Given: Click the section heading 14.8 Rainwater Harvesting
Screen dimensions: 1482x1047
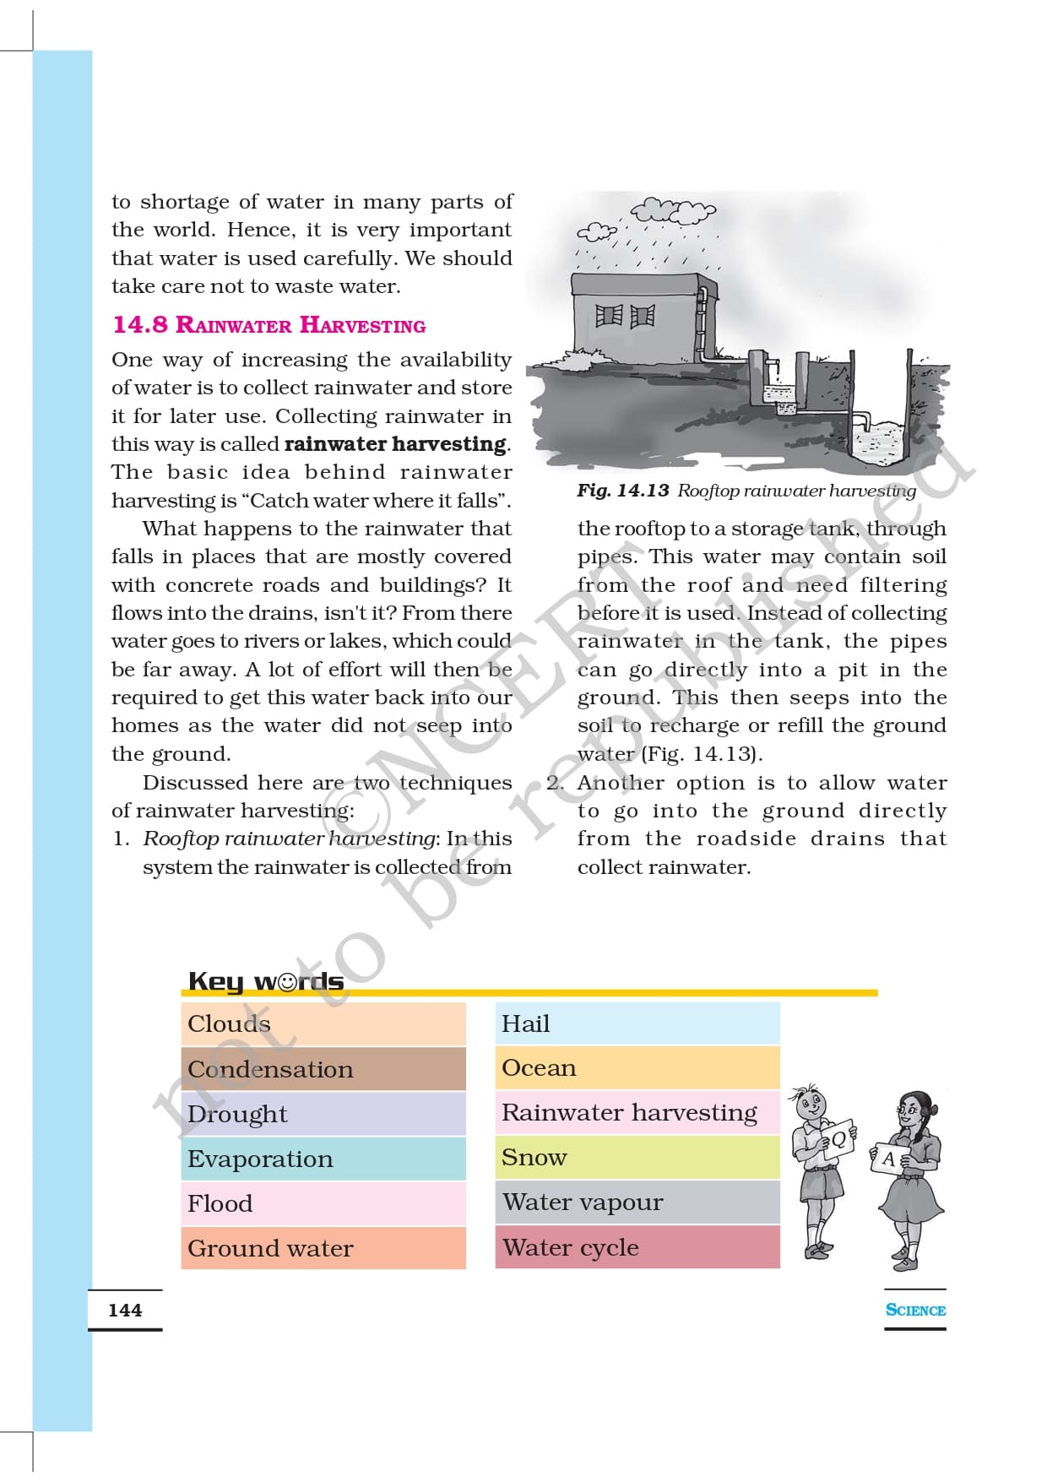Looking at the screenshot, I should [x=269, y=325].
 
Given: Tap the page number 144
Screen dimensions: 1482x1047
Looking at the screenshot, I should [x=125, y=1310].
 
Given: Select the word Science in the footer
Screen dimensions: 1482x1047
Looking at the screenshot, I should [x=915, y=1310].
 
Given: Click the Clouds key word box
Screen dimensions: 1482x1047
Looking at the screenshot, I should [x=323, y=1023].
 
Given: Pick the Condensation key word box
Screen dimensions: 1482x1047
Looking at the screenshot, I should [x=323, y=1069].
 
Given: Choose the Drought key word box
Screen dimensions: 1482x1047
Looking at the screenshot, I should [x=323, y=1114].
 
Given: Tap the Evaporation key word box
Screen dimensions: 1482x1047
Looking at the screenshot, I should [x=323, y=1159].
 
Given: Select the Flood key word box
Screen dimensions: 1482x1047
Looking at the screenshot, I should [x=323, y=1203].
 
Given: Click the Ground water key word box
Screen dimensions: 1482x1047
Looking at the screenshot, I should [x=323, y=1248].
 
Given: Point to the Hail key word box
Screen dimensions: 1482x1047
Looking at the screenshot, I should [x=637, y=1023].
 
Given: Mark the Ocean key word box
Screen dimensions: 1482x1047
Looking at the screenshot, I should [x=637, y=1068].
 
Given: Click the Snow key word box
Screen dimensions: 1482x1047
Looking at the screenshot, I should [x=637, y=1157].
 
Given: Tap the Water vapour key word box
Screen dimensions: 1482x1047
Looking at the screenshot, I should [x=637, y=1202].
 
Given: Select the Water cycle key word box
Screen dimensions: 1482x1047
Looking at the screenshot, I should [x=637, y=1247].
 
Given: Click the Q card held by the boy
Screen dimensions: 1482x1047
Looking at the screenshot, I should [x=838, y=1139].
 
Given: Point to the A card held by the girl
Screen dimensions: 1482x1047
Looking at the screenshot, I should [x=888, y=1159].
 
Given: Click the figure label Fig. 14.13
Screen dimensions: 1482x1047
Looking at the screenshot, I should [x=623, y=491].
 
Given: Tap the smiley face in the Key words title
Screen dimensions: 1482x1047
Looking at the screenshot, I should [x=288, y=982].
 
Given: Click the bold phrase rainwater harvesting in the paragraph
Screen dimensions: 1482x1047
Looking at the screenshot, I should [x=396, y=444].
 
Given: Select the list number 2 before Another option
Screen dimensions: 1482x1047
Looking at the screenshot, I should [x=554, y=783].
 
